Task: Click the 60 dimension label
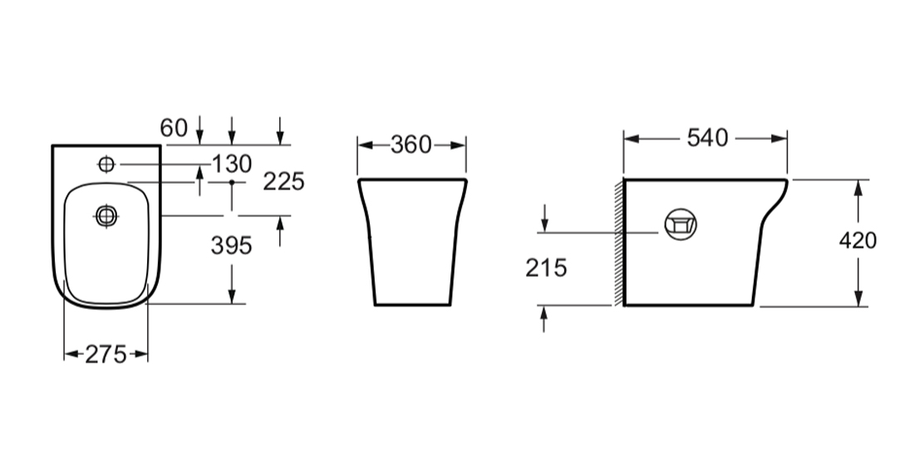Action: pos(174,128)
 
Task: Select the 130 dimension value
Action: pos(232,164)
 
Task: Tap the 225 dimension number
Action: pos(283,182)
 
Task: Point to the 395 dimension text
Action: pos(231,245)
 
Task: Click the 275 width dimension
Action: pos(106,355)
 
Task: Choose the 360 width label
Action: pos(411,145)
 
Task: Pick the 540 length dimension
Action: pos(706,138)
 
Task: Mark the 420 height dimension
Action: pos(858,241)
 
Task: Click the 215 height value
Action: pos(545,267)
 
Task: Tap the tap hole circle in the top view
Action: pos(106,164)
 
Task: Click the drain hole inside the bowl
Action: pos(106,217)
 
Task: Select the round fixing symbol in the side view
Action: pos(681,223)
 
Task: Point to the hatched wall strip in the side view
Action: pos(619,242)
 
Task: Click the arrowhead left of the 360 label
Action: pos(363,145)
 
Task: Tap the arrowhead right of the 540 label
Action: pos(781,139)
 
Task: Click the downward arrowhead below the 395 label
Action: pos(232,297)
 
